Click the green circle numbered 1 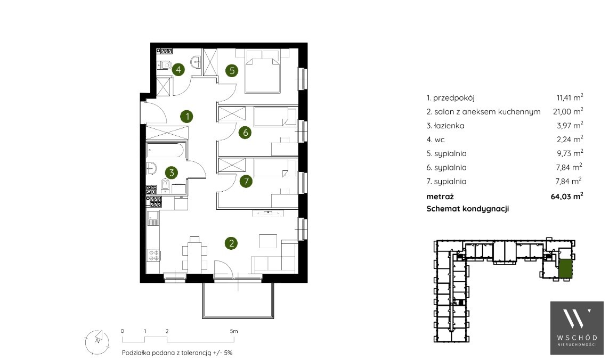187,116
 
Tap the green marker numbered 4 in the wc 178,70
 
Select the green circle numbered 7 246,181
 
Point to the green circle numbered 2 231,243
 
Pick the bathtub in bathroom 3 166,150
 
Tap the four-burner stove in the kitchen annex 154,255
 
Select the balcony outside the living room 238,300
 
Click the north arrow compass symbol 97,341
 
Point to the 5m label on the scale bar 233,331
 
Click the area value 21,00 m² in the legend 568,111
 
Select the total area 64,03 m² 567,196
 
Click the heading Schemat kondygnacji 468,209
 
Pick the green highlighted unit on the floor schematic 565,268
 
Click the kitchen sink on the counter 152,218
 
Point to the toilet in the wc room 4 165,65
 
